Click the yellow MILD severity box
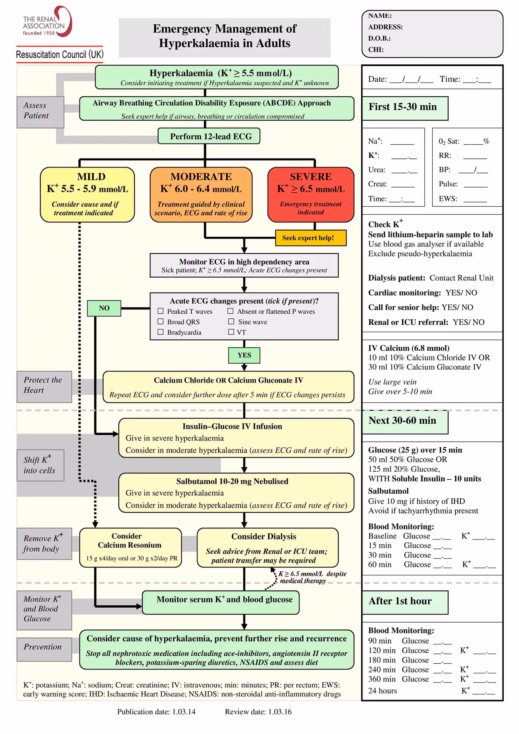pos(87,195)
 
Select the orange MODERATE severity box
pos(201,195)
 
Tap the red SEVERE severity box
pos(310,195)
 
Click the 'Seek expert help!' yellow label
pos(310,238)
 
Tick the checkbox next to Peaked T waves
pos(160,311)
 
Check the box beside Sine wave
pos(231,321)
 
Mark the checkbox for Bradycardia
pos(160,332)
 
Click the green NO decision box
pos(104,308)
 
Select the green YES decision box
pos(244,355)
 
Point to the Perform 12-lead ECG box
pos(209,136)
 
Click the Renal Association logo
pos(47,22)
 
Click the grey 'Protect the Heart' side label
pos(44,385)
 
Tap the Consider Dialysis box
pos(267,547)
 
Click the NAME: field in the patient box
pos(380,16)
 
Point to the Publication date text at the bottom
pos(156,711)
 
